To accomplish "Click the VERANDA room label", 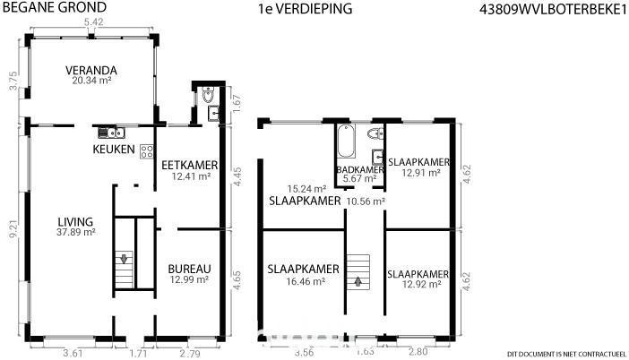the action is pyautogui.click(x=91, y=71).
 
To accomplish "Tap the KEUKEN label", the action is pyautogui.click(x=114, y=150).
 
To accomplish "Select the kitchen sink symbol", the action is pyautogui.click(x=111, y=133).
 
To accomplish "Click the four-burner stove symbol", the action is pyautogui.click(x=147, y=151).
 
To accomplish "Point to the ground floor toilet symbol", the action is pyautogui.click(x=208, y=95).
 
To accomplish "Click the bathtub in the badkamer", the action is pyautogui.click(x=346, y=141).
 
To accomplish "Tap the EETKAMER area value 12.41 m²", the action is pyautogui.click(x=192, y=176).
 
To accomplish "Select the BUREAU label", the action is pyautogui.click(x=189, y=269).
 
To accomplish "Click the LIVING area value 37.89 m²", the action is pyautogui.click(x=76, y=232).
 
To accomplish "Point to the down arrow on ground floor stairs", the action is pyautogui.click(x=124, y=259).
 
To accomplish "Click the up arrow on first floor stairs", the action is pyautogui.click(x=358, y=282).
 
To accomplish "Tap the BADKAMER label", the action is pyautogui.click(x=360, y=170).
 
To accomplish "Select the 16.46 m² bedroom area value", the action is pyautogui.click(x=306, y=281).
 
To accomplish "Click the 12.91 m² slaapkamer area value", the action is pyautogui.click(x=421, y=172).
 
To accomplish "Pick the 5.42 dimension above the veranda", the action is pyautogui.click(x=93, y=22).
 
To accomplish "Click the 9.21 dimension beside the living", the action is pyautogui.click(x=13, y=230).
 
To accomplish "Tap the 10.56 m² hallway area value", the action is pyautogui.click(x=366, y=201).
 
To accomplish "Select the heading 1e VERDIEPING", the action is pyautogui.click(x=306, y=9).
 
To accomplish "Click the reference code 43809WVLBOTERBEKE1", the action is pyautogui.click(x=553, y=10).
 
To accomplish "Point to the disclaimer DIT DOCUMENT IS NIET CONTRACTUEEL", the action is pyautogui.click(x=566, y=354).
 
